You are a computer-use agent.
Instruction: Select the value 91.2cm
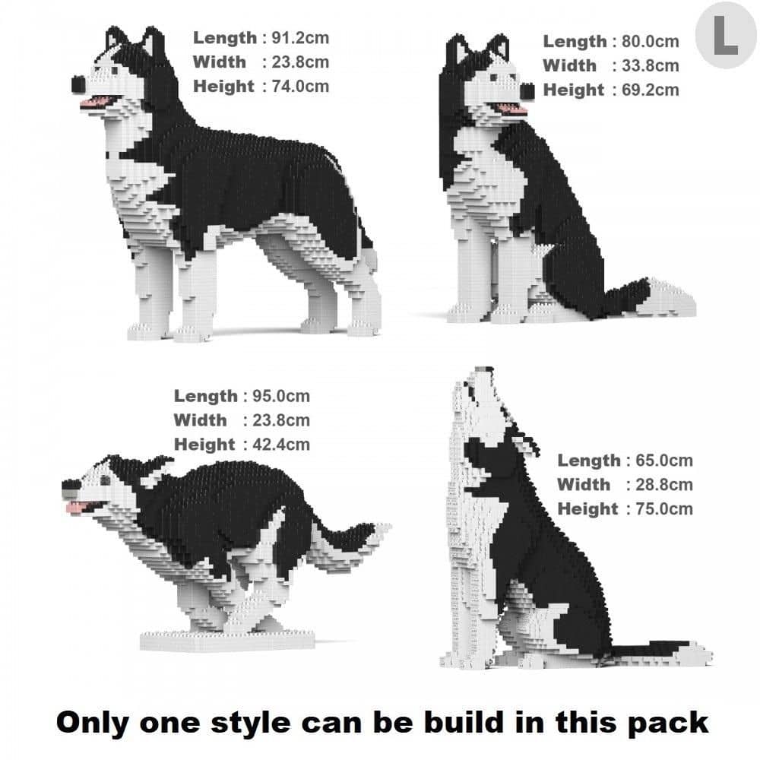[x=300, y=37]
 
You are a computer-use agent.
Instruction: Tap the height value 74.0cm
[x=300, y=86]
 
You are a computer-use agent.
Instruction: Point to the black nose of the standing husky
[x=78, y=82]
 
